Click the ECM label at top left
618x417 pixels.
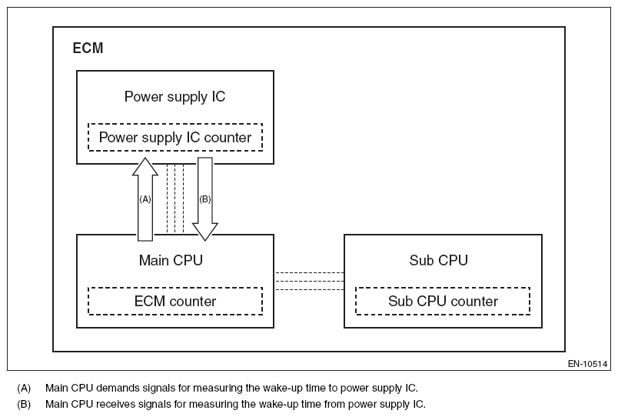(x=88, y=48)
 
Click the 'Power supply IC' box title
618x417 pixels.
(x=174, y=97)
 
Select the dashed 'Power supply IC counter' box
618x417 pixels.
(x=175, y=138)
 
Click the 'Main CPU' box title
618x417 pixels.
(x=171, y=260)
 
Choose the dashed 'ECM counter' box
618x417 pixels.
(x=175, y=302)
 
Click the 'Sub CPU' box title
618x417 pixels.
(x=438, y=260)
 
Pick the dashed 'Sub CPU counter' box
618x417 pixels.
(x=443, y=302)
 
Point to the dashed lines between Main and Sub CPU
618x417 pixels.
(x=309, y=281)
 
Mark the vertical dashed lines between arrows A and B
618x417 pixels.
(x=175, y=198)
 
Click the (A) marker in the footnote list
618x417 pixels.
(x=23, y=388)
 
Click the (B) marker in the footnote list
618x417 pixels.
(x=23, y=403)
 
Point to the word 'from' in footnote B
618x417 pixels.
(x=317, y=403)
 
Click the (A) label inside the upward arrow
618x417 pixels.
(x=145, y=198)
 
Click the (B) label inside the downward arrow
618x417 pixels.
(x=204, y=198)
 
